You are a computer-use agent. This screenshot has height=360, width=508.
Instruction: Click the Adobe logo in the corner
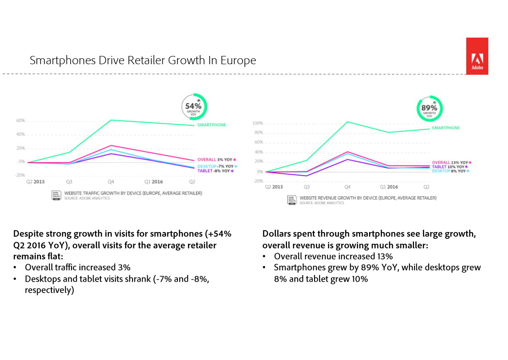point(477,56)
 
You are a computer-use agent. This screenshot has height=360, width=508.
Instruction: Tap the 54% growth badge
point(194,107)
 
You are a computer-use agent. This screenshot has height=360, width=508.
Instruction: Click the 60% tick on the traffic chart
point(20,121)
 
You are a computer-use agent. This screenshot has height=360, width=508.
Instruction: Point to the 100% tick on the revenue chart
point(258,123)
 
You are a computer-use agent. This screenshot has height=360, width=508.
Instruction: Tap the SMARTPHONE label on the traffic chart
point(211,125)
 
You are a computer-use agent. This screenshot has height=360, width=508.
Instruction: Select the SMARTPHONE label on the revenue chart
point(446,128)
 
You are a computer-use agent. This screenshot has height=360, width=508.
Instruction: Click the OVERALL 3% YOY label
point(216,160)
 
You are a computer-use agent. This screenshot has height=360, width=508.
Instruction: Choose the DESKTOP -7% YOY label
point(217,166)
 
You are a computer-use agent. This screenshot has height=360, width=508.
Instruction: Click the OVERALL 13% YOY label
point(452,162)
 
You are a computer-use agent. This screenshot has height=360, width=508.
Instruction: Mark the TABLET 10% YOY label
point(452,166)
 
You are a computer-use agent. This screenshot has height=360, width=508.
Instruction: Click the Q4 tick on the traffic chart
point(110,182)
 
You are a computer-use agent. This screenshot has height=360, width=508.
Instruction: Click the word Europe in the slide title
point(239,61)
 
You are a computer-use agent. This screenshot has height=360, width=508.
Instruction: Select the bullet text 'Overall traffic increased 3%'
point(78,267)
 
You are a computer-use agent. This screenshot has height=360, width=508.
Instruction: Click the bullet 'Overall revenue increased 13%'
point(333,256)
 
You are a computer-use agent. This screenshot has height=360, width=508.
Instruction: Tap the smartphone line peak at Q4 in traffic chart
point(111,120)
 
